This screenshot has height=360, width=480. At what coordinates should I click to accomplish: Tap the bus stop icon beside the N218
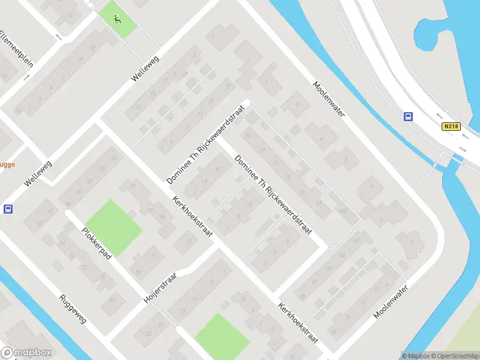click(409, 116)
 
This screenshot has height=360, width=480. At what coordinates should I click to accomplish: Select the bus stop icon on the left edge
click(8, 209)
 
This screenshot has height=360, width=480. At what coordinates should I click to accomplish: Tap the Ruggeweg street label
click(73, 308)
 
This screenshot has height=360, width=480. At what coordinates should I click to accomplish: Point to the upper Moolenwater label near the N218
click(329, 100)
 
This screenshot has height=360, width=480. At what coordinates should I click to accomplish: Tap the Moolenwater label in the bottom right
click(390, 302)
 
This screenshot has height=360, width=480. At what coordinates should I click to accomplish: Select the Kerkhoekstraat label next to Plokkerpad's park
click(192, 216)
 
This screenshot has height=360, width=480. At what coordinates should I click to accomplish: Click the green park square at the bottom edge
click(221, 337)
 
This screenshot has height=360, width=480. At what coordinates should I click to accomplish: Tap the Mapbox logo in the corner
click(26, 353)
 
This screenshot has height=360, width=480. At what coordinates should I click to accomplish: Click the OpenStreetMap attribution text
click(451, 356)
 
